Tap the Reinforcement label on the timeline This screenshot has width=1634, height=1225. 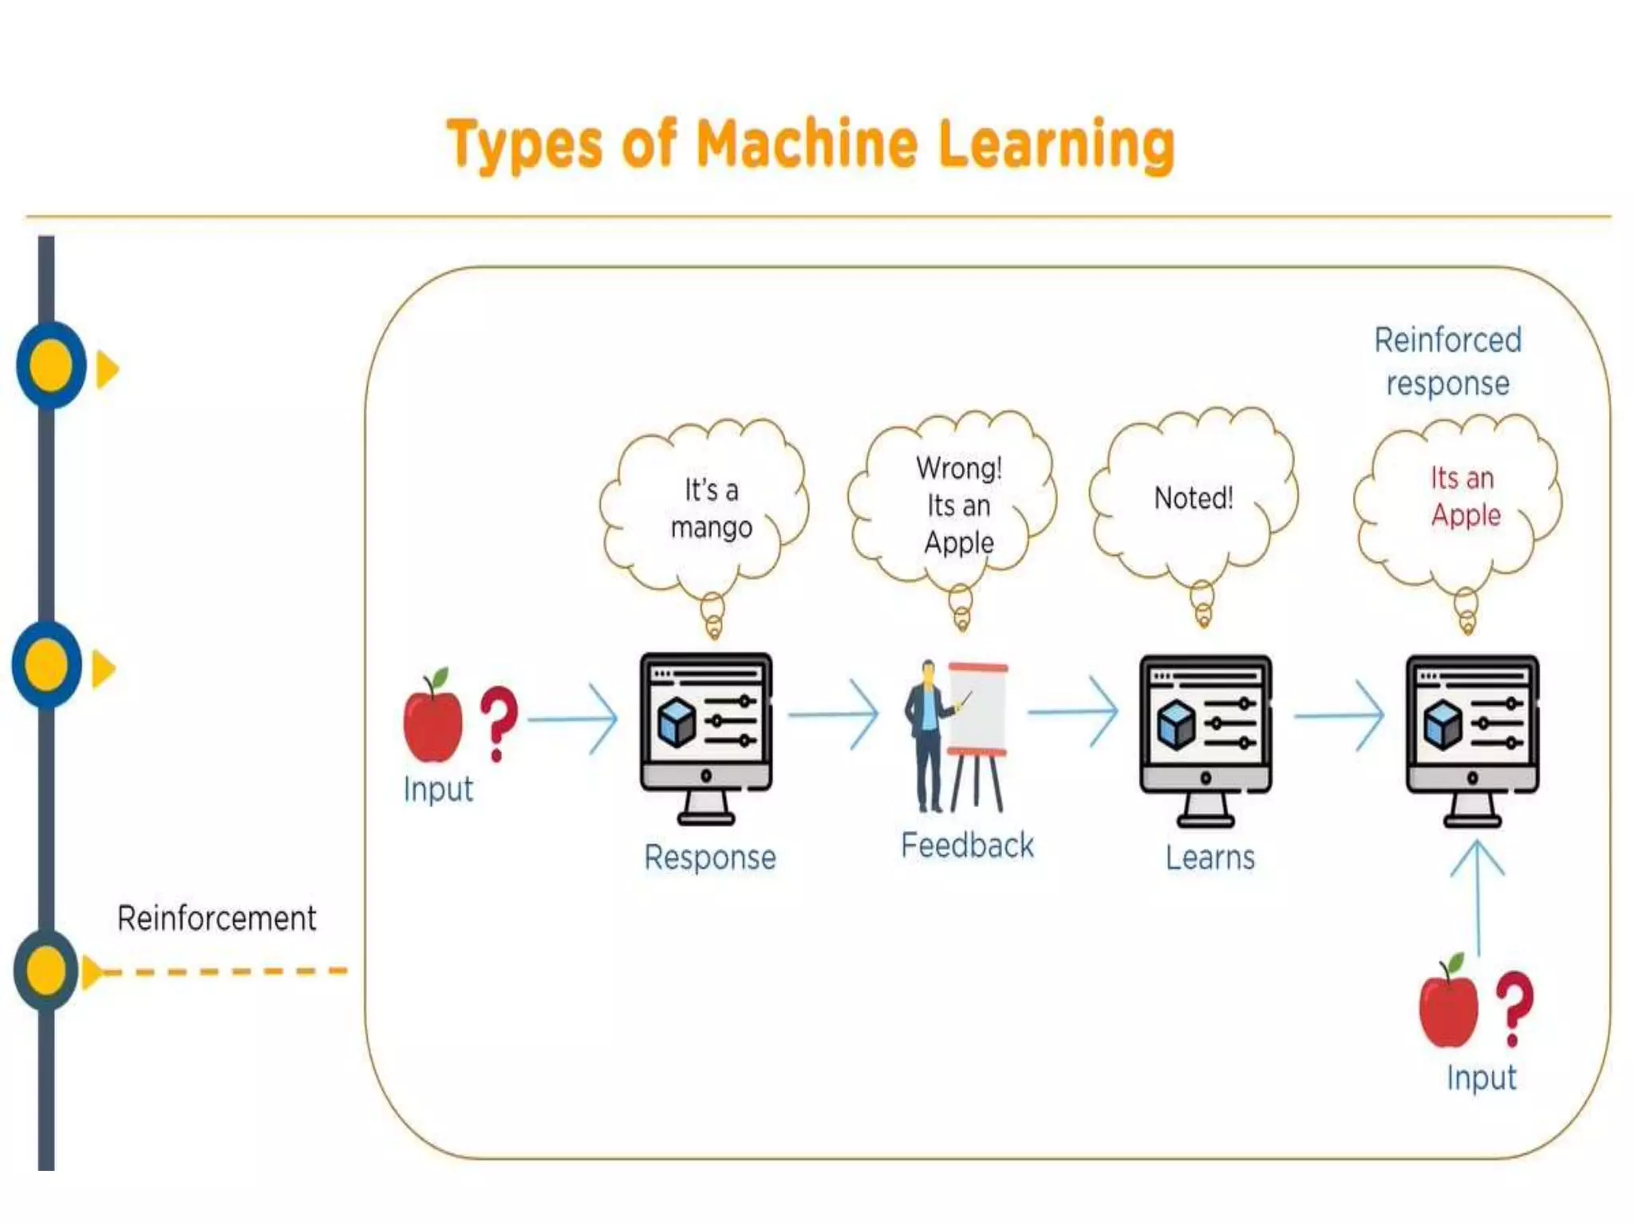click(x=216, y=918)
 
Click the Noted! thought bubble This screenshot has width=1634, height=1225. click(x=1194, y=498)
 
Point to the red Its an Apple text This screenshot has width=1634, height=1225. click(x=1463, y=496)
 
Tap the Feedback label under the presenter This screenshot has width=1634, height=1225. click(x=967, y=845)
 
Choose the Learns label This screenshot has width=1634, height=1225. click(x=1210, y=857)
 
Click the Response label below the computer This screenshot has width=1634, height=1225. click(x=710, y=857)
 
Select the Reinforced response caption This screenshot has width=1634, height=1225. click(x=1447, y=361)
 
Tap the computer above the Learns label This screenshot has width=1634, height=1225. click(x=1206, y=739)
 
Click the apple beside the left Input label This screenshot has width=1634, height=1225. click(x=433, y=718)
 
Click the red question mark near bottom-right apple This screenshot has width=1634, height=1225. click(x=1514, y=1006)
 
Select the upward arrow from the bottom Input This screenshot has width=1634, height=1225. click(x=1478, y=897)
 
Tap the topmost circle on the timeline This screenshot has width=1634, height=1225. click(x=50, y=366)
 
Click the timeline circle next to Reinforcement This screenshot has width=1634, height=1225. click(x=45, y=971)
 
